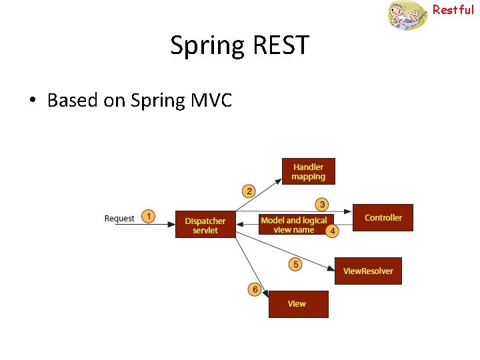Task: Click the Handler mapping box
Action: coord(308,171)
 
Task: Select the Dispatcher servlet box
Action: coord(205,225)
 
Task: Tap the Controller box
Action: coord(383,217)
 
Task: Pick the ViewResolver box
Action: coord(368,271)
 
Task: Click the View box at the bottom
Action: coord(298,304)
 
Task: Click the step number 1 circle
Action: coord(149,217)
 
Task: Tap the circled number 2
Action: coord(249,191)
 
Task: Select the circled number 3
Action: coord(322,204)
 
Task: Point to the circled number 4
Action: coord(332,231)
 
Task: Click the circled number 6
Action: coord(254,289)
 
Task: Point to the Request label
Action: coord(119,218)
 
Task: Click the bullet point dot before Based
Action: coord(32,101)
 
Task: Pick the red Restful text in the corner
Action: coord(453,9)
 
